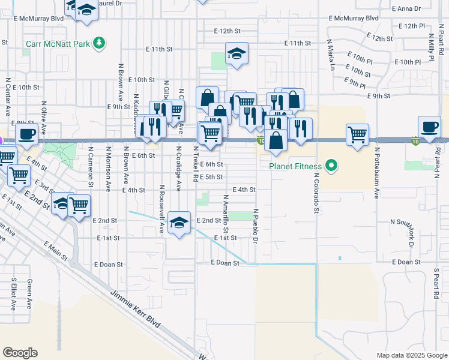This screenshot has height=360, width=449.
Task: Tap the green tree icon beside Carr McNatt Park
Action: (100, 43)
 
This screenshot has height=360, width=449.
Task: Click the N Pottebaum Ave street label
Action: (377, 173)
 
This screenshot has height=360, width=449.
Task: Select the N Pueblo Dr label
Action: (256, 226)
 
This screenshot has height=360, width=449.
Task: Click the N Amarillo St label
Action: (226, 214)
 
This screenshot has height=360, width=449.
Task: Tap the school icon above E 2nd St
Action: (179, 223)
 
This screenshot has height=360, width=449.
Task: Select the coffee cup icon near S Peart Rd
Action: (429, 127)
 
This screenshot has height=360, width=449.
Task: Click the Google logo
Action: (20, 353)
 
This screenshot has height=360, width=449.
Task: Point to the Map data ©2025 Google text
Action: (411, 355)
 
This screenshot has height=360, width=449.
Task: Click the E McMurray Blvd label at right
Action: (354, 18)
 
